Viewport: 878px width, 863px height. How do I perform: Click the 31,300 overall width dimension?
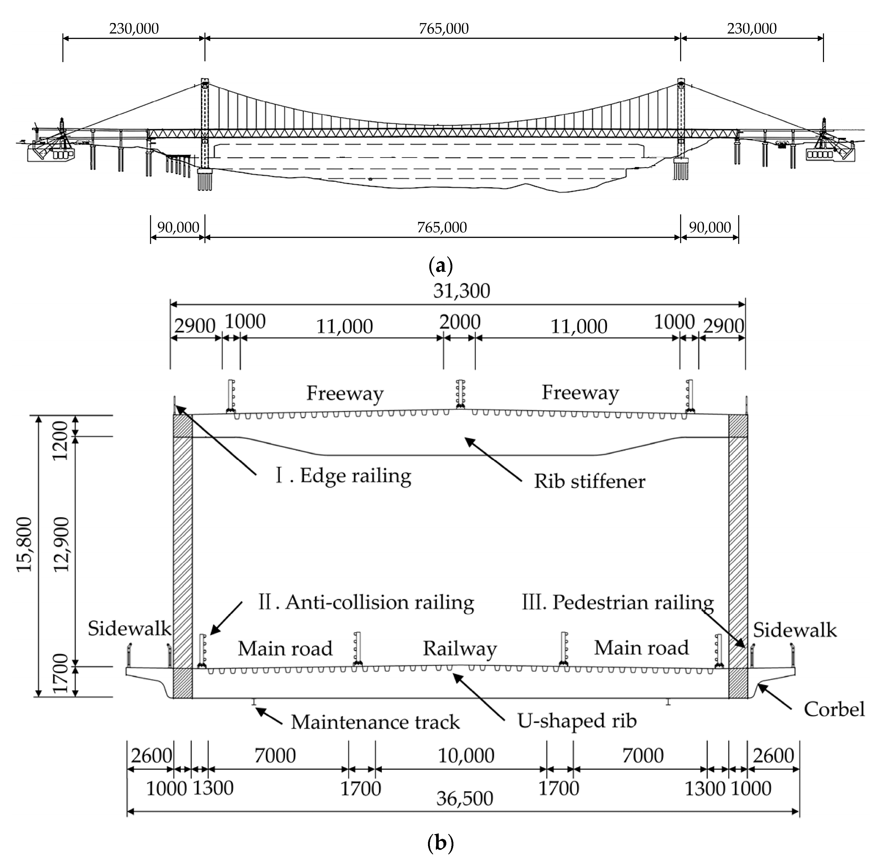462,291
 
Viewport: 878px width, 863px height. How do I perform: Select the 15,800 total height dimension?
25,544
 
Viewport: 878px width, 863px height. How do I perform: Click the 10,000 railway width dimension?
466,755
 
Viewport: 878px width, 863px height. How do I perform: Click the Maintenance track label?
375,722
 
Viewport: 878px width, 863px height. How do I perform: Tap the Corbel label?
834,709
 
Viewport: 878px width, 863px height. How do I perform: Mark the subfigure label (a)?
440,265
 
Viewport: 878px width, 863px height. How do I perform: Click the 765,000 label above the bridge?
443,29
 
